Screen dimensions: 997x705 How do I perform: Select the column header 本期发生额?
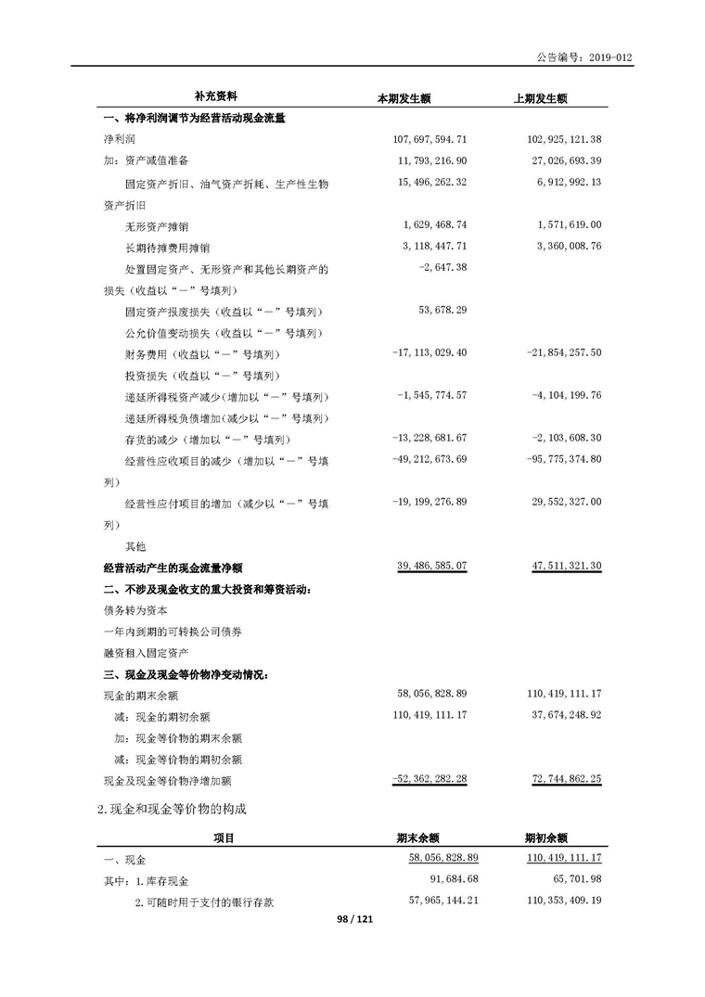point(403,97)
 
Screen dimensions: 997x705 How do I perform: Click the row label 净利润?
point(119,139)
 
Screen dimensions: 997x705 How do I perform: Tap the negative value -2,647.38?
point(440,268)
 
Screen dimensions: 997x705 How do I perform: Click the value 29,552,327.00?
point(564,502)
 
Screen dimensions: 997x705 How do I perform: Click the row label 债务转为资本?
point(135,610)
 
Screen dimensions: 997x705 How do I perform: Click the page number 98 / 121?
point(352,918)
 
